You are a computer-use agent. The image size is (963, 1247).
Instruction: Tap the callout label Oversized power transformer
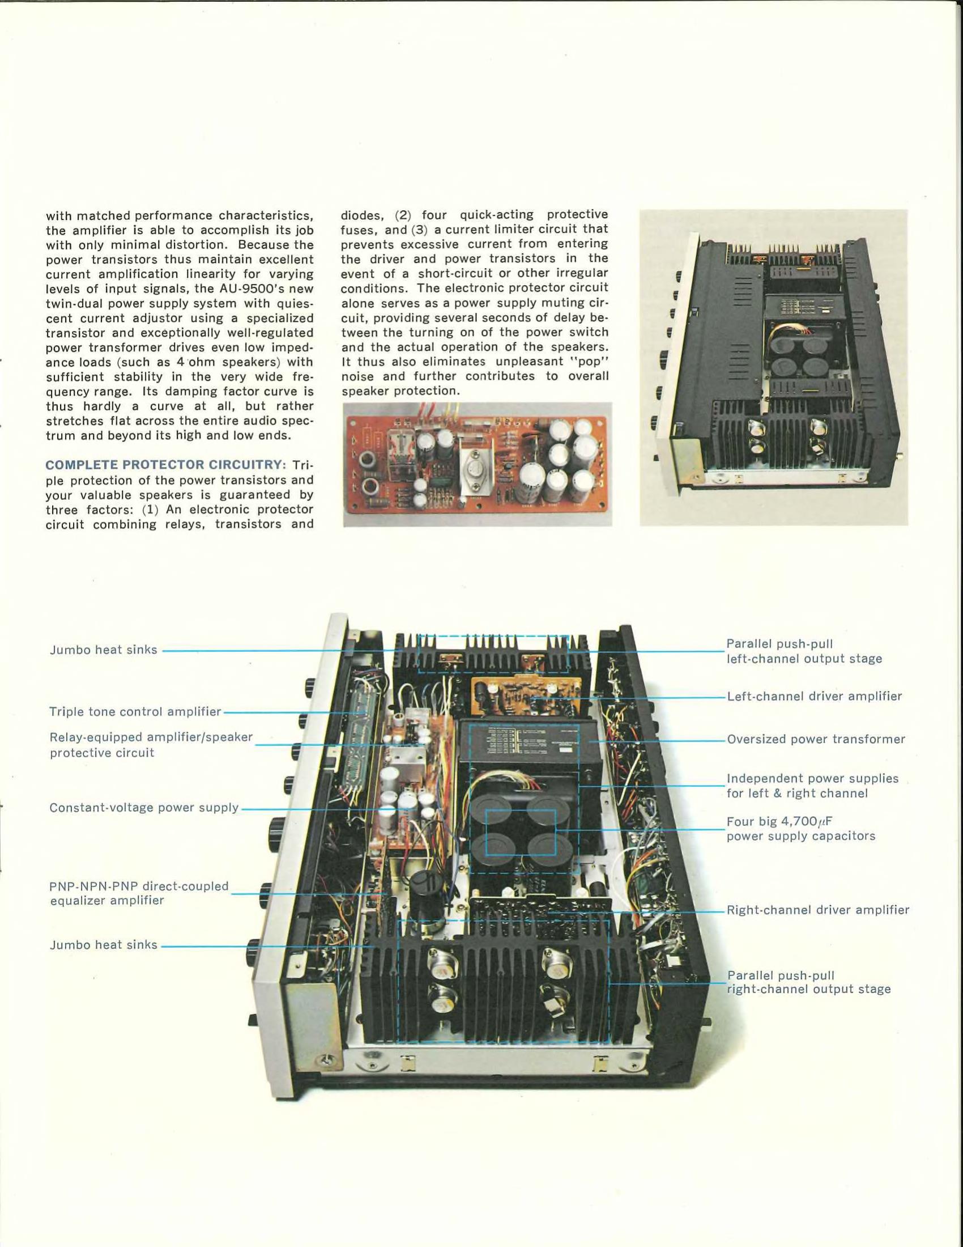[816, 739]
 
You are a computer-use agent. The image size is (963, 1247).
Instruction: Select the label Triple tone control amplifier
[135, 712]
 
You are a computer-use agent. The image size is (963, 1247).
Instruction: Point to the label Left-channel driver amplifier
[814, 697]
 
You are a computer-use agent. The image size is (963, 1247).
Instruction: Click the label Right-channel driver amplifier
[818, 910]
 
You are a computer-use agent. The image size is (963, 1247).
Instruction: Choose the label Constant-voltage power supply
[144, 808]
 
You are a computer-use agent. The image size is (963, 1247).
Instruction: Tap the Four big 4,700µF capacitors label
[801, 829]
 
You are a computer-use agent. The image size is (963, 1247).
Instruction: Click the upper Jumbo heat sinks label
[103, 650]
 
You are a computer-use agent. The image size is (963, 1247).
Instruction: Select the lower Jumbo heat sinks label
[103, 945]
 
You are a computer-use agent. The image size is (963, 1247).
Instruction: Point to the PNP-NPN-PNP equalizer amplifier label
[139, 893]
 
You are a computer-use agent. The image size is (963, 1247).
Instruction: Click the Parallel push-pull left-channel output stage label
[804, 651]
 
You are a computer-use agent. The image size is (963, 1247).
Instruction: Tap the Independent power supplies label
[812, 786]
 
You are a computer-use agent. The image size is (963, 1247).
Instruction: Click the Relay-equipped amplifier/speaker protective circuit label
[151, 745]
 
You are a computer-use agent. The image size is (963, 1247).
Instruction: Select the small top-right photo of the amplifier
[774, 367]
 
